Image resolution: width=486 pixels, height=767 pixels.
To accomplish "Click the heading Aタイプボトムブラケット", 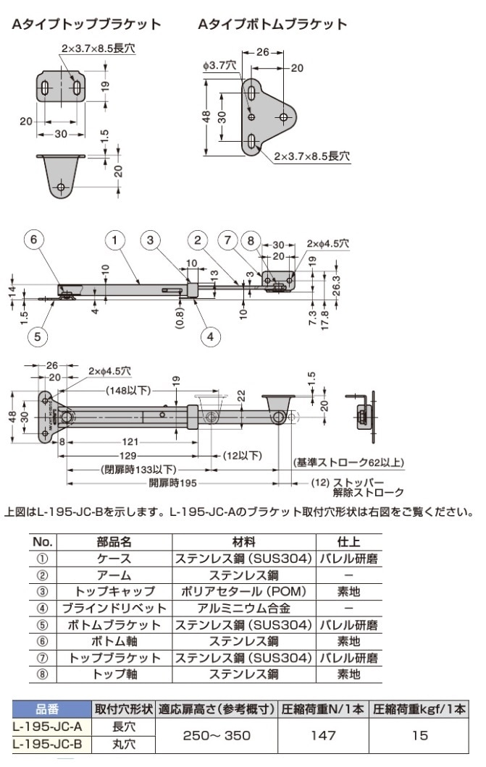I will point(272,25).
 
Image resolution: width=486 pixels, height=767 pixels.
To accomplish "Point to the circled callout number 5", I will point(38,335).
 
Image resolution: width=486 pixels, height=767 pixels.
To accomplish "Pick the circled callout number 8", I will point(251,240).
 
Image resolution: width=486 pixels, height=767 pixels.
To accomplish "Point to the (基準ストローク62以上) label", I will point(348,463).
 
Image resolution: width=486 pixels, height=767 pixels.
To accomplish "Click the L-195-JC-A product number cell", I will point(48,726).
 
